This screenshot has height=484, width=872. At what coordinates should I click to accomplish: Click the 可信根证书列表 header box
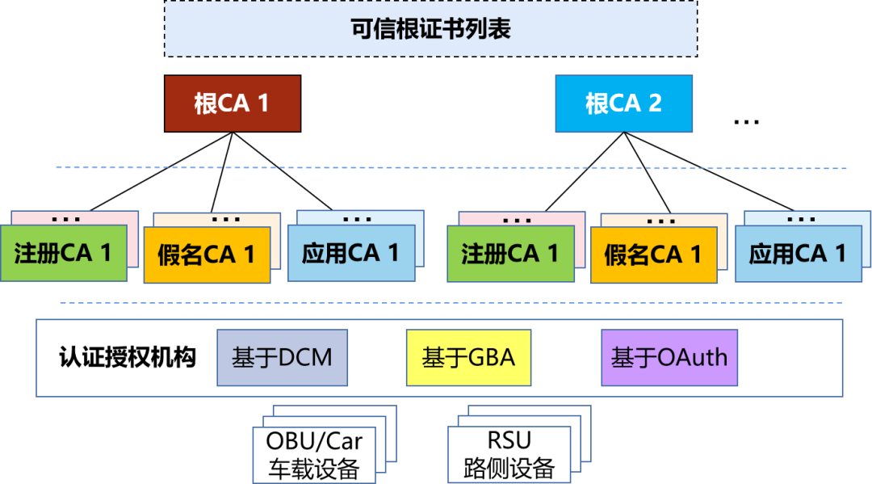pyautogui.click(x=430, y=29)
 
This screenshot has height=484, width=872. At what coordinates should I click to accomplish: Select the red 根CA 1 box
pyautogui.click(x=233, y=103)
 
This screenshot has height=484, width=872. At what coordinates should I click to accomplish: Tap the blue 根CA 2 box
pyautogui.click(x=623, y=103)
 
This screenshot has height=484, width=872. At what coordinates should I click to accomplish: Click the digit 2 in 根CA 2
pyautogui.click(x=655, y=103)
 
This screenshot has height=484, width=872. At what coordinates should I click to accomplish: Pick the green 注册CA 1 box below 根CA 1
pyautogui.click(x=63, y=253)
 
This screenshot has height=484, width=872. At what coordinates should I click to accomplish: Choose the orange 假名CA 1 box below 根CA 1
pyautogui.click(x=207, y=256)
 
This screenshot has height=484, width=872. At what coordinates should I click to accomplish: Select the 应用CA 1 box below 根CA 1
pyautogui.click(x=350, y=253)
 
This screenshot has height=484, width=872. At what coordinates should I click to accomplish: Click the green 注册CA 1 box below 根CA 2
pyautogui.click(x=510, y=254)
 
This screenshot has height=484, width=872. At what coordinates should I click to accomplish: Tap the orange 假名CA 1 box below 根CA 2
pyautogui.click(x=653, y=256)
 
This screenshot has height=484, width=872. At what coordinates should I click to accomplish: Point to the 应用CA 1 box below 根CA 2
pyautogui.click(x=798, y=254)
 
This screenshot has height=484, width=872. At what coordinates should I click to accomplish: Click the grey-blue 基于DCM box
pyautogui.click(x=282, y=357)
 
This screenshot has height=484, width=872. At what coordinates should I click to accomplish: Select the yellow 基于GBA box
pyautogui.click(x=468, y=357)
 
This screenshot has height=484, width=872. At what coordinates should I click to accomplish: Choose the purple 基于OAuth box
pyautogui.click(x=669, y=357)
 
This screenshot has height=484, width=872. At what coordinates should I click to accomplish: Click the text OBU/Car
pyautogui.click(x=314, y=442)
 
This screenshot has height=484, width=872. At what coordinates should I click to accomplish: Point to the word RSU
pyautogui.click(x=509, y=440)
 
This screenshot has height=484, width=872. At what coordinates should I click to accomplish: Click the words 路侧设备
pyautogui.click(x=509, y=467)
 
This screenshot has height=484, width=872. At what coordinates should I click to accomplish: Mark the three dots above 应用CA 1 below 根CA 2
pyautogui.click(x=800, y=219)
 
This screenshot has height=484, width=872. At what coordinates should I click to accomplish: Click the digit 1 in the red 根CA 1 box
pyautogui.click(x=262, y=103)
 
